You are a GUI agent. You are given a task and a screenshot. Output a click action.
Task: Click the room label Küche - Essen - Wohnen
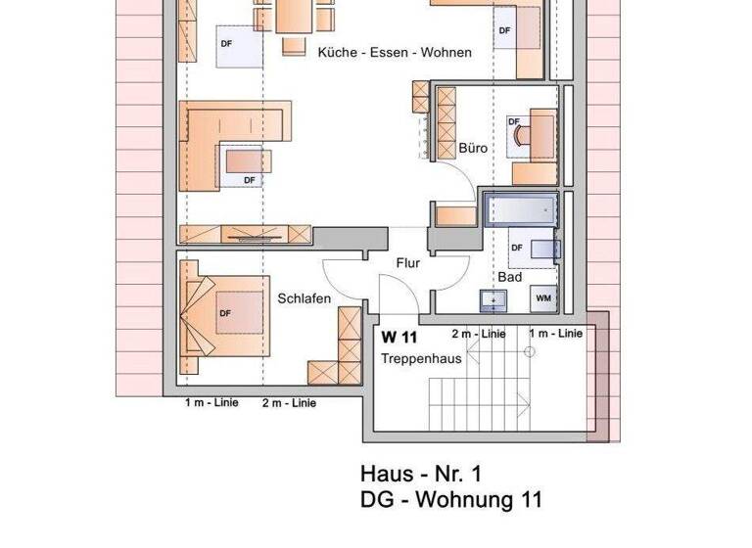point(394,53)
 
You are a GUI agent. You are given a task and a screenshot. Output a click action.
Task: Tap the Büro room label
point(473,149)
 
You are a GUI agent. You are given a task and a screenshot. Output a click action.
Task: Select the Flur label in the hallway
point(408,263)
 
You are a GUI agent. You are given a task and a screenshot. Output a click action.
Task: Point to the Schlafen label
point(304,298)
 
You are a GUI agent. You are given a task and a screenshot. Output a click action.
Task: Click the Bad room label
point(509,277)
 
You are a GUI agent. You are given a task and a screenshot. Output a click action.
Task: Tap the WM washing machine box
point(543,297)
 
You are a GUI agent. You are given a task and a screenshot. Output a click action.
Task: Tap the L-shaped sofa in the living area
point(231,137)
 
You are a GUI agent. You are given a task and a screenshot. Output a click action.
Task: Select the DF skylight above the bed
point(225,313)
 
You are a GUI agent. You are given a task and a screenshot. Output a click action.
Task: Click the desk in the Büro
point(533,137)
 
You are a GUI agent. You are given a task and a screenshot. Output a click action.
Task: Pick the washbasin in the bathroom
point(492,298)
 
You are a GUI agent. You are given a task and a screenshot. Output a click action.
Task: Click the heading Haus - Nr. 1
point(422,475)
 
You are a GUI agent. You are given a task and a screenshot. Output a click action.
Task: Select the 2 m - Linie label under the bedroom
point(288,403)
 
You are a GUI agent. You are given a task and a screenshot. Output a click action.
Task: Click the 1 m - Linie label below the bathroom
point(555,334)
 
